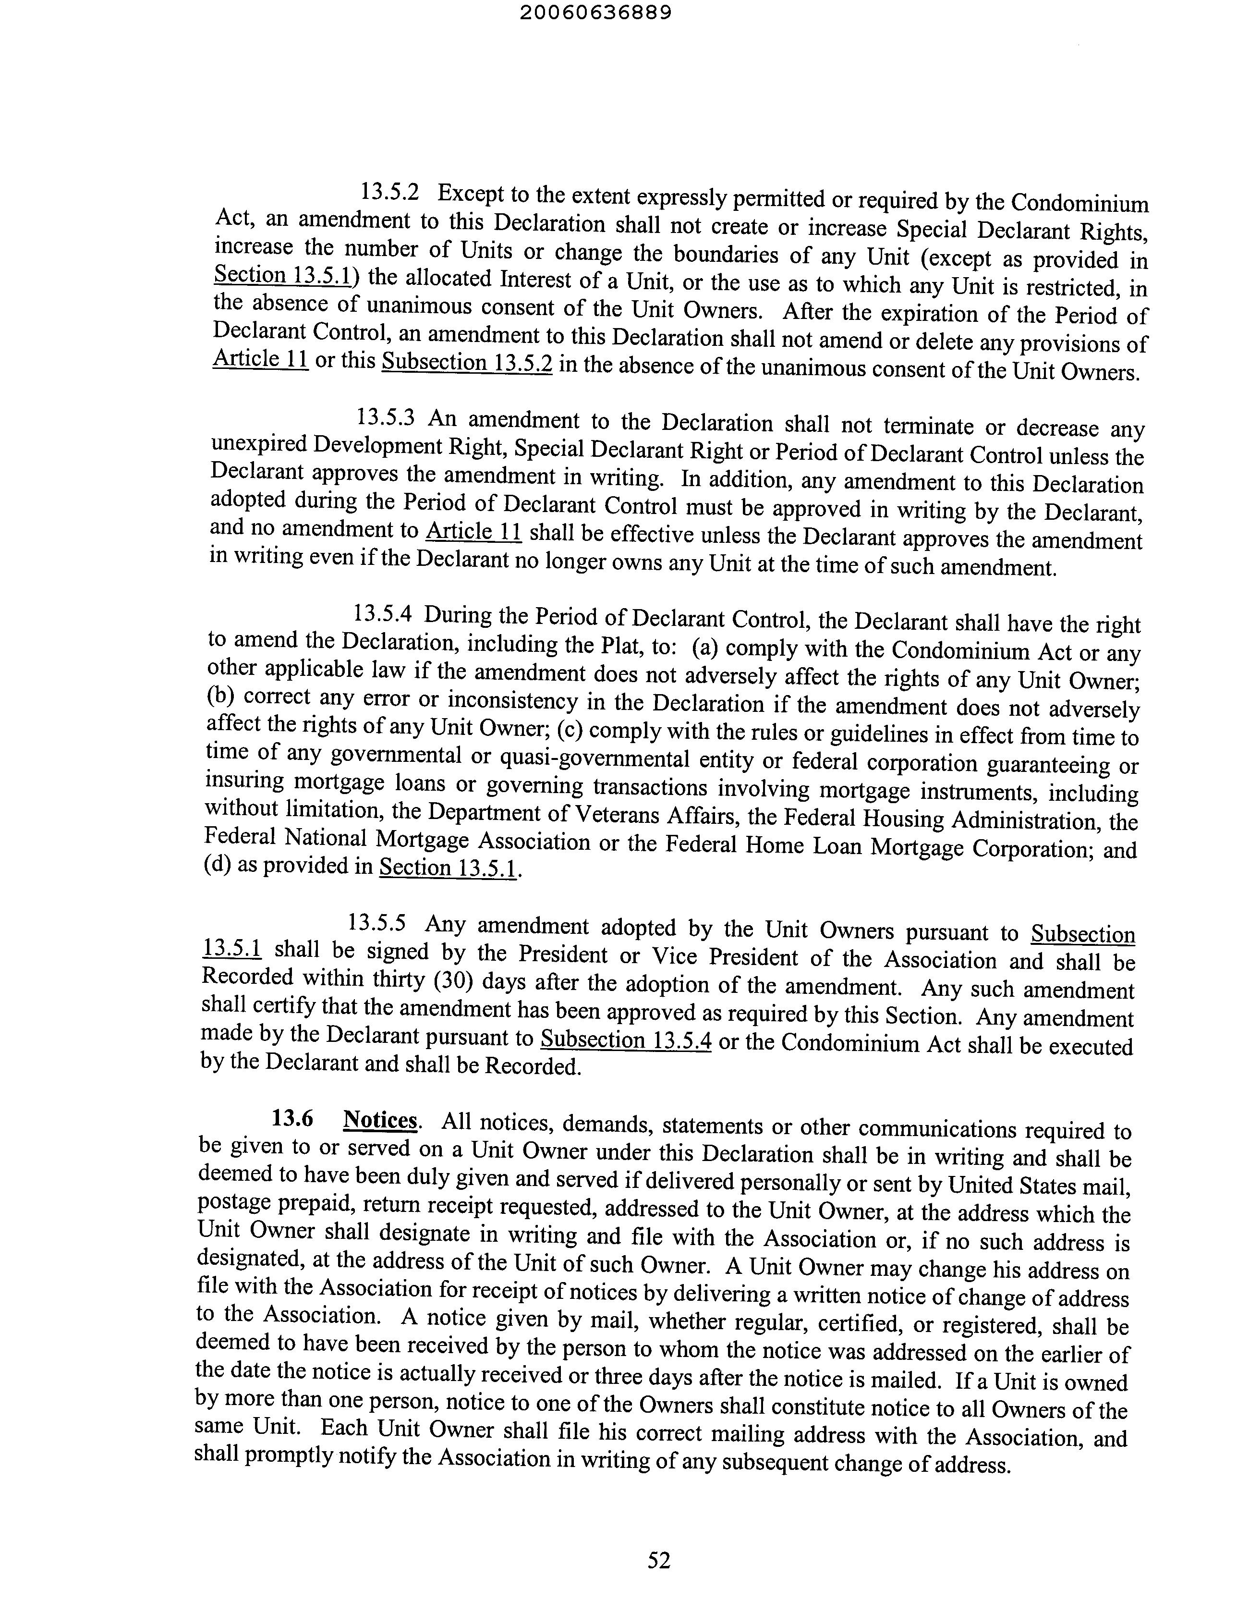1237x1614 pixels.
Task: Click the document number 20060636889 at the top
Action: (595, 13)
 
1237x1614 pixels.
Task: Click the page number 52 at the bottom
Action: (659, 1560)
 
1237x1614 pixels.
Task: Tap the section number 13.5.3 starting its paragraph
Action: (386, 418)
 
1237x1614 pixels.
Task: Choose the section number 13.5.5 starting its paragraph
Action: (377, 922)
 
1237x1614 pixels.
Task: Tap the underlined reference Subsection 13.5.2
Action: (467, 363)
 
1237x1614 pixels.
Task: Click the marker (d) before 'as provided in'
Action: (217, 864)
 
